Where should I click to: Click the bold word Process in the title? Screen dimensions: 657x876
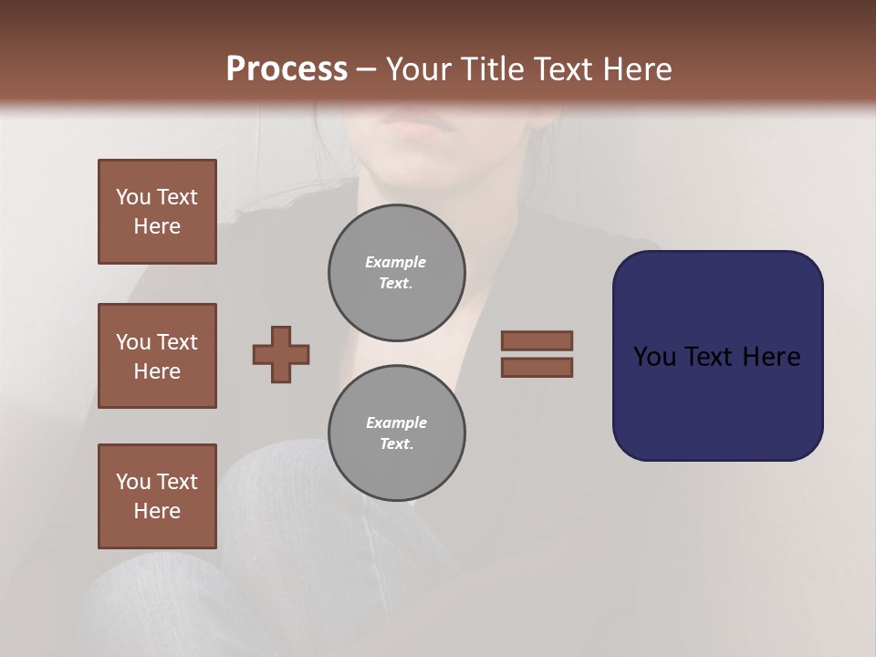pyautogui.click(x=287, y=69)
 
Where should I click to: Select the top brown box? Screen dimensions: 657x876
pyautogui.click(x=157, y=212)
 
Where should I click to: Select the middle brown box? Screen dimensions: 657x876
pyautogui.click(x=157, y=356)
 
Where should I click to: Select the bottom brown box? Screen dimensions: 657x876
pyautogui.click(x=157, y=496)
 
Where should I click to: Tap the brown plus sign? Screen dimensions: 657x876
pyautogui.click(x=281, y=354)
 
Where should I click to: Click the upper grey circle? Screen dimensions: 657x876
pyautogui.click(x=396, y=273)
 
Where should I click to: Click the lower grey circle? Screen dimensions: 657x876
pyautogui.click(x=396, y=433)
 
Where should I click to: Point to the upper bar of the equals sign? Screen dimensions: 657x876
pyautogui.click(x=537, y=340)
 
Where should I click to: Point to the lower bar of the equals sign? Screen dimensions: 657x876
pyautogui.click(x=537, y=367)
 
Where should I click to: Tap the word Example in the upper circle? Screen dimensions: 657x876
pyautogui.click(x=395, y=262)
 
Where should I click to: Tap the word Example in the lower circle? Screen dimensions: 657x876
pyautogui.click(x=396, y=422)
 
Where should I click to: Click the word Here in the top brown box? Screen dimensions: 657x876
pyautogui.click(x=157, y=226)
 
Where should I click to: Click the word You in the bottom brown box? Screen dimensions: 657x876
pyautogui.click(x=133, y=482)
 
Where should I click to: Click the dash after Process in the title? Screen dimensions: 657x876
pyautogui.click(x=366, y=70)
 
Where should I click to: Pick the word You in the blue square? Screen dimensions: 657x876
pyautogui.click(x=653, y=357)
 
